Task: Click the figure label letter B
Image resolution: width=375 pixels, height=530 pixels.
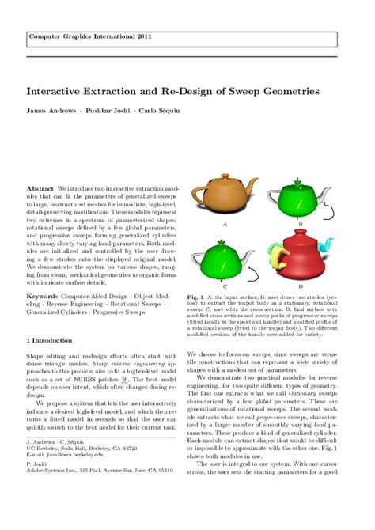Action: [301, 225]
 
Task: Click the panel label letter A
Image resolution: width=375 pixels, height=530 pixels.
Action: [225, 225]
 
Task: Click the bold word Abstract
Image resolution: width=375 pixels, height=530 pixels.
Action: [40, 190]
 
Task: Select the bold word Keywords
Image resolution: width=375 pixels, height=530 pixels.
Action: [42, 297]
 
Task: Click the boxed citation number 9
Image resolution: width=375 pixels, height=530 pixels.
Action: [123, 402]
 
